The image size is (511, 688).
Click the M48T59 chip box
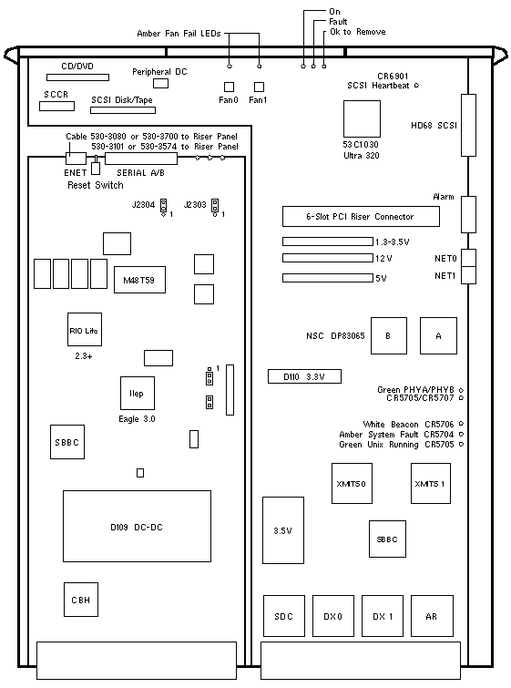(139, 280)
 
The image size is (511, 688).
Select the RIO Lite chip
(85, 330)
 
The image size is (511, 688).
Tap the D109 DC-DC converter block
(137, 526)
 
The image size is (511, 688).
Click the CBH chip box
(81, 600)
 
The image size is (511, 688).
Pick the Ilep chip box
(138, 393)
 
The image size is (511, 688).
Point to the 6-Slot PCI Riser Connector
(361, 216)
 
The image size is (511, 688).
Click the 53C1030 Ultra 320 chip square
(362, 118)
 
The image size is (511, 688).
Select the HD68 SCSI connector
(468, 125)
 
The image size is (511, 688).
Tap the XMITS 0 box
(352, 483)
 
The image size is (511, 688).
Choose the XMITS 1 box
(431, 483)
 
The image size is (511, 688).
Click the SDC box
(284, 616)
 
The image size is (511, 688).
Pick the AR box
(432, 616)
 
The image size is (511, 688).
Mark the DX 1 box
(383, 616)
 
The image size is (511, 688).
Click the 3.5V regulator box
(283, 530)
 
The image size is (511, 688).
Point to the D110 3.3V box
(304, 376)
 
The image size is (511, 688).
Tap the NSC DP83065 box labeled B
(389, 335)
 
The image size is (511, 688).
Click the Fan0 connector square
(229, 87)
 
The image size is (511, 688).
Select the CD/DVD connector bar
(78, 77)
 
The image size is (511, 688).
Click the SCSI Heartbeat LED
(416, 85)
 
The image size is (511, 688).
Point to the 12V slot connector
(328, 258)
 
